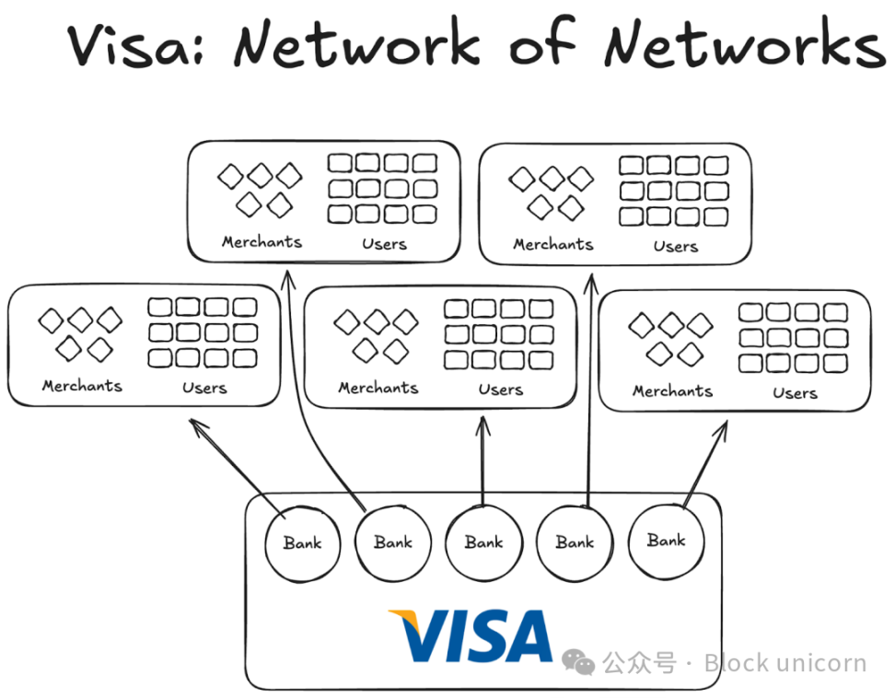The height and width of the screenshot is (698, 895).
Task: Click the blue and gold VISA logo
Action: [x=471, y=636]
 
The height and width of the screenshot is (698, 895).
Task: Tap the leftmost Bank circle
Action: [x=302, y=543]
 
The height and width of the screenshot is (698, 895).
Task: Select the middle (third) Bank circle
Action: [x=483, y=543]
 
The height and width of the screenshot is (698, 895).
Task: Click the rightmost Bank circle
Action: [x=666, y=541]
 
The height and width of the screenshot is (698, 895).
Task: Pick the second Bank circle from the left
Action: [x=392, y=543]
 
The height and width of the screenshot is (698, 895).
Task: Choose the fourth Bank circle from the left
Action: [x=575, y=543]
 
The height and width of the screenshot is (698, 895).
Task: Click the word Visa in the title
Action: [x=138, y=43]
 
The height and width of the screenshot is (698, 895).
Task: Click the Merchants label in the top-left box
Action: [x=262, y=242]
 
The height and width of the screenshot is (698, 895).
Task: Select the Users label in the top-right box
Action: [x=675, y=247]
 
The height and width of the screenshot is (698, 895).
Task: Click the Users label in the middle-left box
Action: [x=204, y=388]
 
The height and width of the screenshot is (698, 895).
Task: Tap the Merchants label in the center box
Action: [x=378, y=389]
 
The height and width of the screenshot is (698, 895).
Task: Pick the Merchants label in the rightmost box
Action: [x=672, y=391]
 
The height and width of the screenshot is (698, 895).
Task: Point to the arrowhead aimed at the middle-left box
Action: [x=196, y=425]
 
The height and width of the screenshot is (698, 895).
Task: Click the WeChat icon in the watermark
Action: [x=579, y=662]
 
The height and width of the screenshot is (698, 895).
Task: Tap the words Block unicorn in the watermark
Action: [x=785, y=662]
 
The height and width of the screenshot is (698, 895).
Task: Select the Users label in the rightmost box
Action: [x=795, y=393]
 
